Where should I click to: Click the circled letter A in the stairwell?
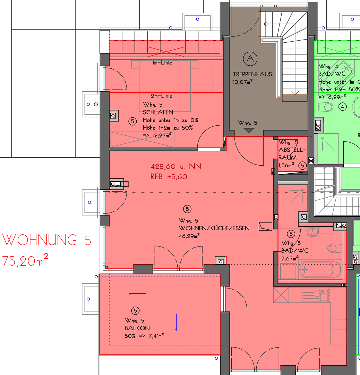249,58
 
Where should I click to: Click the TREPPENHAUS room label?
252,74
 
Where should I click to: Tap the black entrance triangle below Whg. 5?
248,131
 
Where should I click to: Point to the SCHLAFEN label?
158,112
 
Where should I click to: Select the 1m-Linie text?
162,63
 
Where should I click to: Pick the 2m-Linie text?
162,96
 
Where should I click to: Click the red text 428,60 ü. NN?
175,167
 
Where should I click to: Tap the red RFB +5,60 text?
169,177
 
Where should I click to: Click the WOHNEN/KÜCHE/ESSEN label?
214,228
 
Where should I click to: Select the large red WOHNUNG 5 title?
47,240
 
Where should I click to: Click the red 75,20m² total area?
25,260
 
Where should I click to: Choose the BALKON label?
137,328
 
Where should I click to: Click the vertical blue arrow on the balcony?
176,322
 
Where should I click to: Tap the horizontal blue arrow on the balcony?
137,294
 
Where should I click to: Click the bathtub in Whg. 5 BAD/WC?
321,270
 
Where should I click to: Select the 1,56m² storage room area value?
286,165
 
